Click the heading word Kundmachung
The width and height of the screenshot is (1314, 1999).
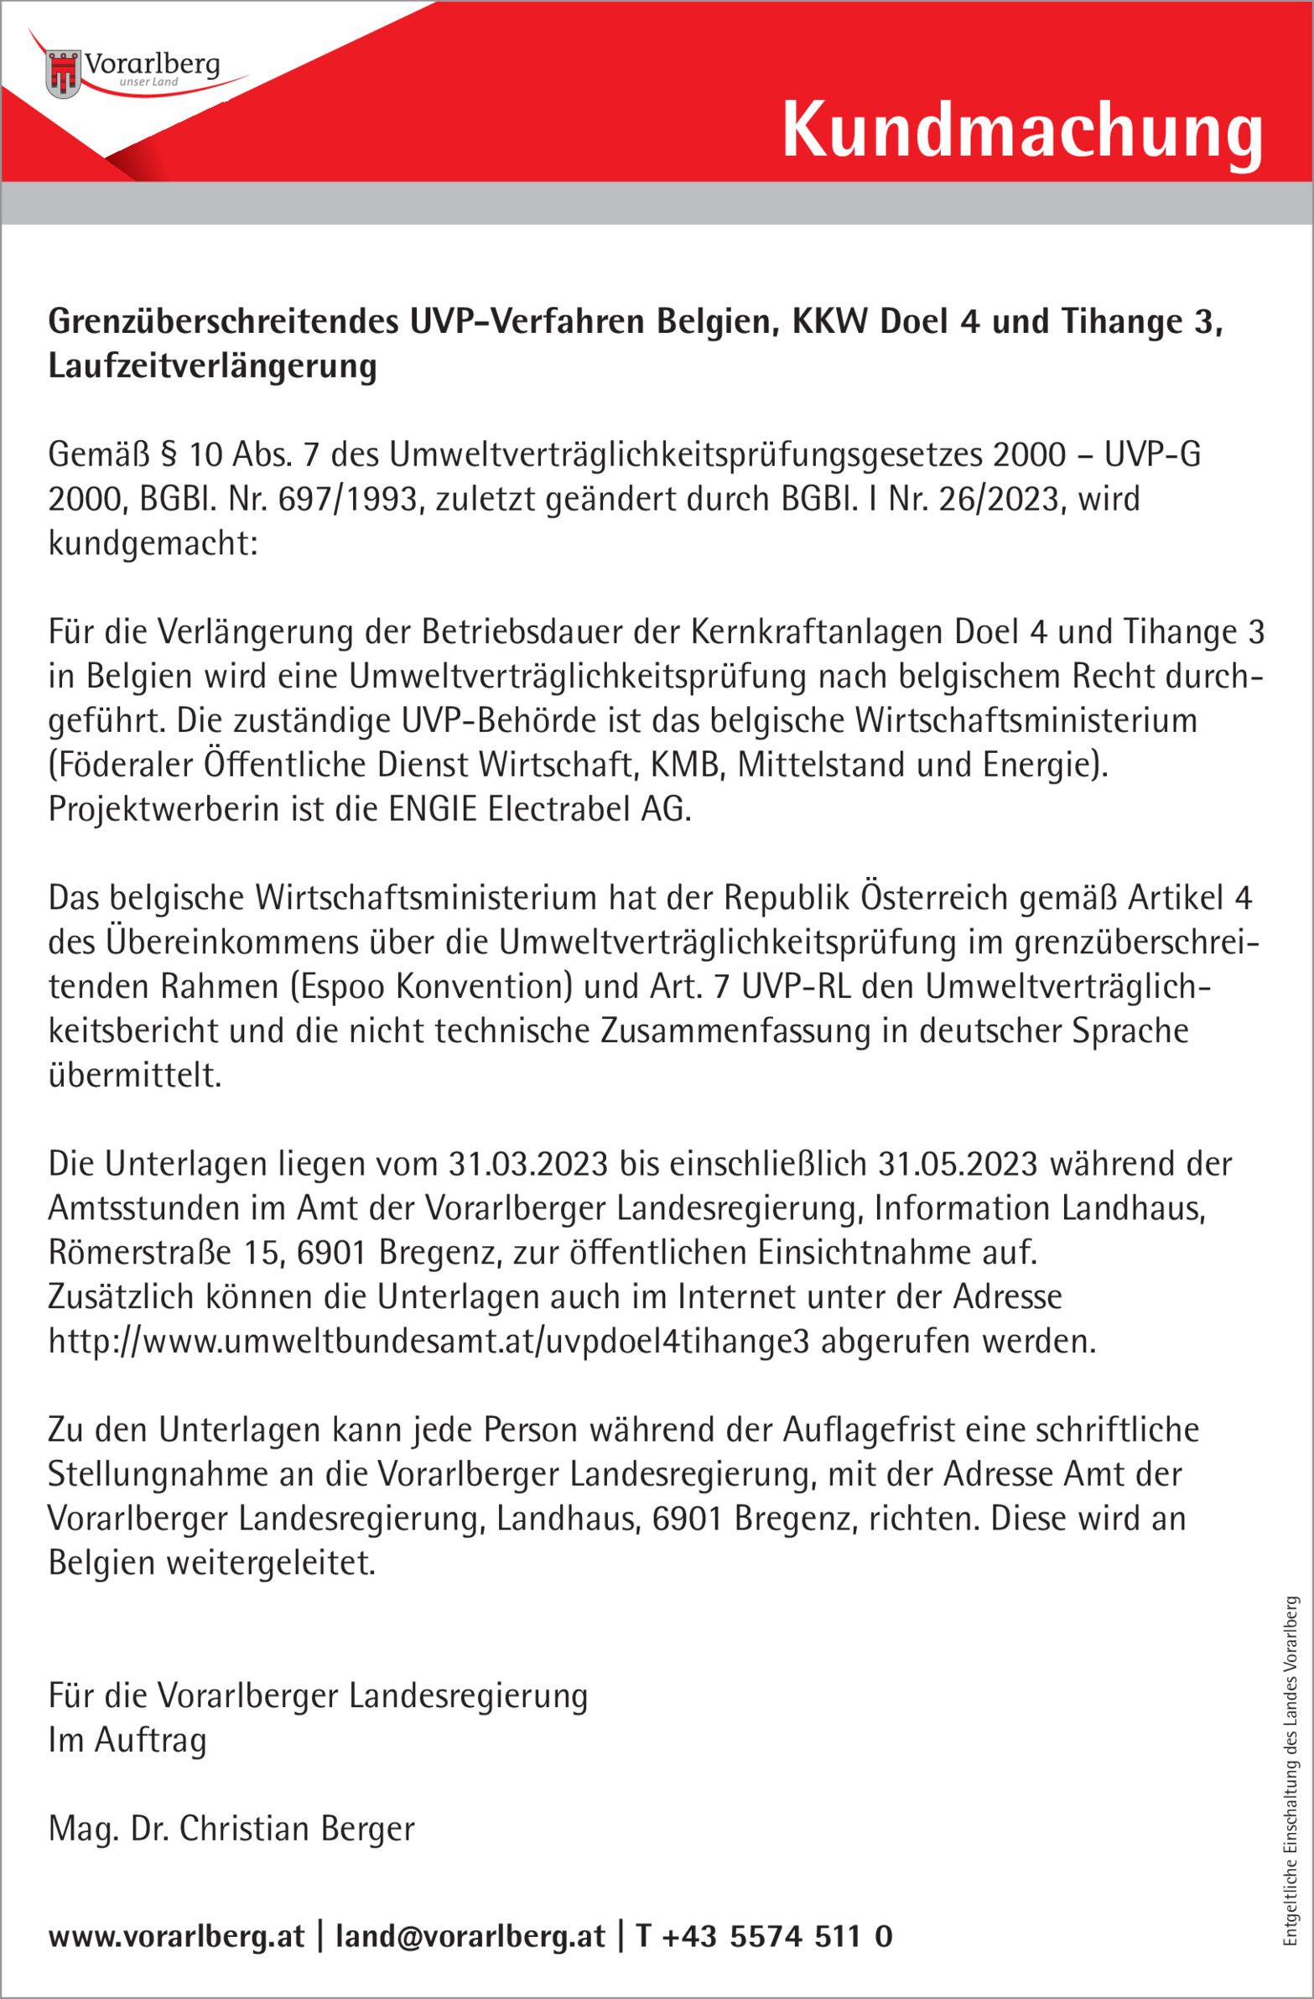pyautogui.click(x=1021, y=132)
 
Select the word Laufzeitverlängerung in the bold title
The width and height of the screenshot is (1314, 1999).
pyautogui.click(x=212, y=367)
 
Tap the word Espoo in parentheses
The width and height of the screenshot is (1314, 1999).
pyautogui.click(x=343, y=987)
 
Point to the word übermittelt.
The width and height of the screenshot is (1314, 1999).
pyautogui.click(x=134, y=1076)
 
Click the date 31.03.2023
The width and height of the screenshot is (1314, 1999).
pyautogui.click(x=527, y=1164)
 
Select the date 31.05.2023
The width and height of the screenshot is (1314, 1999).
pyautogui.click(x=958, y=1164)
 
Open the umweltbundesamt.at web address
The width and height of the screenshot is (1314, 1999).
pyautogui.click(x=428, y=1342)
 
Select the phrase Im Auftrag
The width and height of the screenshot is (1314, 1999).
pyautogui.click(x=127, y=1740)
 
